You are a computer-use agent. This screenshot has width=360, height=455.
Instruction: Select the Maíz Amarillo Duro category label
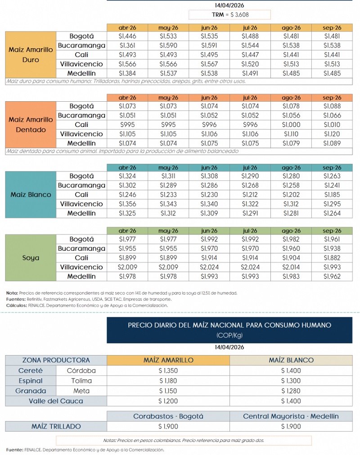[x=31, y=55]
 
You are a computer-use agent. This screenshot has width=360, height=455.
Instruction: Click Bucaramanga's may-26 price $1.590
[x=169, y=45]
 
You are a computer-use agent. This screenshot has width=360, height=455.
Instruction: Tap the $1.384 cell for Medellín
[x=127, y=73]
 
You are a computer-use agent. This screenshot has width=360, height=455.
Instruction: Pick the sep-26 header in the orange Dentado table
[x=332, y=98]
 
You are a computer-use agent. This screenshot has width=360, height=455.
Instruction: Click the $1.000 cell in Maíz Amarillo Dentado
[x=291, y=125]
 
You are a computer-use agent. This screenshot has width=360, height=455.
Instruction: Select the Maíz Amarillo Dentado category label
[x=31, y=125]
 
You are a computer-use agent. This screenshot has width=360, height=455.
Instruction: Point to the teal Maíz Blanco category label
[x=31, y=195]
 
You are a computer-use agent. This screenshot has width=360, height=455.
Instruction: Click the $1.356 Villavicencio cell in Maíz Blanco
[x=127, y=204]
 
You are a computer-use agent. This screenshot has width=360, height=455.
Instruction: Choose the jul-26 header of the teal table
[x=250, y=167]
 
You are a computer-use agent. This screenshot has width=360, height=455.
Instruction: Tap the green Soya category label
[x=31, y=258]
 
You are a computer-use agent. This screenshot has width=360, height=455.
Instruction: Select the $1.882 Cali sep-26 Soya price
[x=332, y=258]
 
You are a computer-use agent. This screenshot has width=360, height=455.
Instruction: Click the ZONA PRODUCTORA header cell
[x=56, y=360]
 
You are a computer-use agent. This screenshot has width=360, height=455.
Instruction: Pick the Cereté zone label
[x=31, y=371]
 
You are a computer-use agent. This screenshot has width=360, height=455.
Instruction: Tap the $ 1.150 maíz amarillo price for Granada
[x=168, y=391]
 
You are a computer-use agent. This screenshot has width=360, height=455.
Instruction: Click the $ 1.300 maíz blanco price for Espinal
[x=291, y=381]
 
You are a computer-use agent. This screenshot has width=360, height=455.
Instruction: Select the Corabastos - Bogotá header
[x=168, y=416]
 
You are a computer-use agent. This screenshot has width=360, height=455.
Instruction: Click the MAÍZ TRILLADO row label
[x=56, y=426]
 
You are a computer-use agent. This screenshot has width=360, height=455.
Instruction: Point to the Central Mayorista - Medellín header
[x=291, y=416]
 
